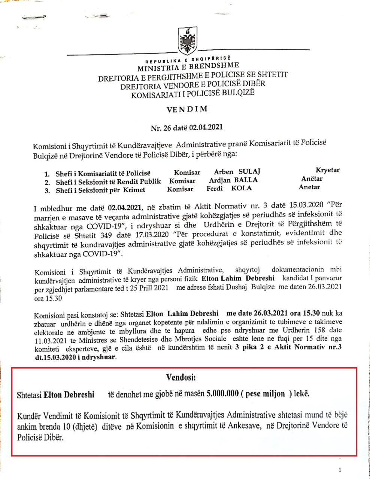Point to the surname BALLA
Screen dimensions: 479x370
(245, 180)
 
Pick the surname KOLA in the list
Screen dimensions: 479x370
(242, 188)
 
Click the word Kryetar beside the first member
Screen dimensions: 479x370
(328, 170)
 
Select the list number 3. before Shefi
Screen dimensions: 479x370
(47, 190)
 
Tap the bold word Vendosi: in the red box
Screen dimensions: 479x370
(181, 377)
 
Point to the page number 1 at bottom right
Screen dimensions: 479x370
(340, 470)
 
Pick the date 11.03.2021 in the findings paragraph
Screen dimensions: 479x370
(46, 339)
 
